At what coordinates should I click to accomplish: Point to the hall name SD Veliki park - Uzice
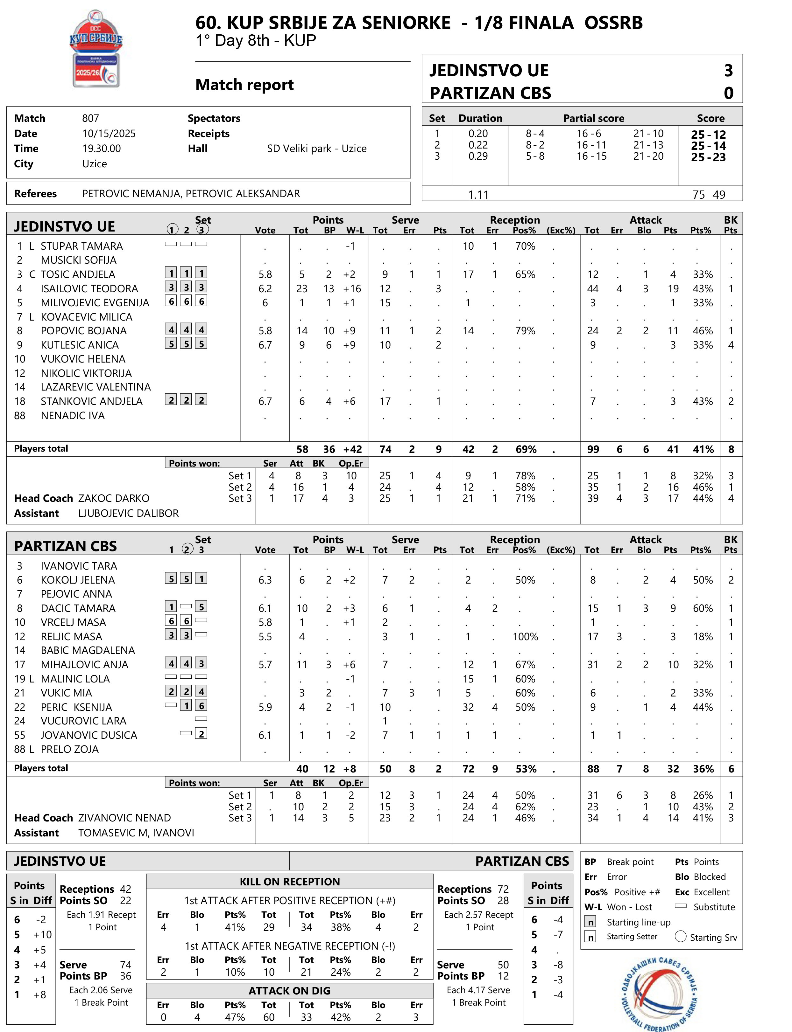pos(316,149)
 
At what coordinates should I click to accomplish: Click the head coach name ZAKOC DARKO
pos(114,498)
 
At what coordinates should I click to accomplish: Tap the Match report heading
pos(244,85)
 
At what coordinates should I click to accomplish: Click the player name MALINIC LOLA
pos(75,679)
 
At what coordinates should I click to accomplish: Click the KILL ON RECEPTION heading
pos(289,882)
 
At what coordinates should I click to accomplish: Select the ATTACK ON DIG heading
pos(289,991)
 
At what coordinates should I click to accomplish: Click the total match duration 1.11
pos(478,195)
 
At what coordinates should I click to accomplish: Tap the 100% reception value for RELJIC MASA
pos(525,637)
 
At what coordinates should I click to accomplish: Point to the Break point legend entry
pos(619,862)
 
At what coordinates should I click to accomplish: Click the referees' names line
pos(191,194)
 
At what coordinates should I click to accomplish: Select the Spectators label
pos(214,118)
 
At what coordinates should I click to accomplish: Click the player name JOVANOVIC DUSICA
pos(88,735)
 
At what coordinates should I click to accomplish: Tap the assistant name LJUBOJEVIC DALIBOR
pos(128,513)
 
